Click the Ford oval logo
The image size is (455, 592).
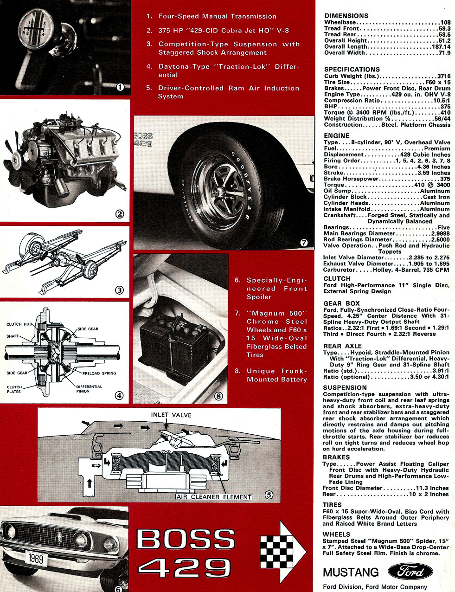coord(410,572)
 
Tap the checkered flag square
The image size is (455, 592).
coord(277,550)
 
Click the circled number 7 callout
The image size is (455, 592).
coord(304,242)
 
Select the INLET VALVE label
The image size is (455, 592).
coord(171,414)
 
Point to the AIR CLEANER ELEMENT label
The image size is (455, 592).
coord(214,497)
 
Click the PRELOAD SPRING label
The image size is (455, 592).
coord(99,373)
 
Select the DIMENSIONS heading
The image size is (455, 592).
coord(346,16)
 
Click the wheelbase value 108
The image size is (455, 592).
coord(445,22)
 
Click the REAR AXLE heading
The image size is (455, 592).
coord(342,346)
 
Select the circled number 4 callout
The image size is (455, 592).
coord(119,396)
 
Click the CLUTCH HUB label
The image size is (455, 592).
coord(20,324)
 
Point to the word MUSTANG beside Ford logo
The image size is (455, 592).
coord(351,572)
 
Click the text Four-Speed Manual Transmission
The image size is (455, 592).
coord(218,16)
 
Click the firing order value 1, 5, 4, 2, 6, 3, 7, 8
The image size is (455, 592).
coord(423,161)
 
